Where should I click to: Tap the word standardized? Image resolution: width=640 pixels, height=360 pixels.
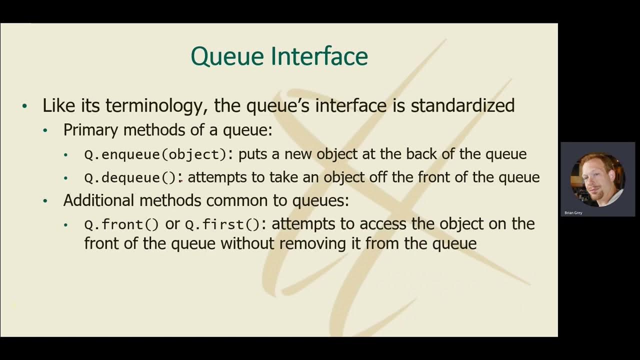coord(462,105)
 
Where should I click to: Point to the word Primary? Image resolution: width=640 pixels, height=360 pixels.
coord(91,130)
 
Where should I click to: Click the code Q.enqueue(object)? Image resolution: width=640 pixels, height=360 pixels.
coord(155,154)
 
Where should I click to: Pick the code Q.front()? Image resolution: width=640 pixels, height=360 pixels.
coord(121,224)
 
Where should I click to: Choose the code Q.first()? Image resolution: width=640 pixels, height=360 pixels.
coord(222,224)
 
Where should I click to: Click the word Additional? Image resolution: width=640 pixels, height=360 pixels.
coord(99,200)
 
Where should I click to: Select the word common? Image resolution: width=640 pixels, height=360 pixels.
coord(237,200)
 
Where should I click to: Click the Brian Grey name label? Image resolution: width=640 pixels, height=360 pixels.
coord(573,213)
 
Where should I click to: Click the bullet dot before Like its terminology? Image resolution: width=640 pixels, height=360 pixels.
coord(25,106)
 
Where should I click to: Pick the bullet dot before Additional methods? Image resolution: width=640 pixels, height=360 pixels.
coord(45,201)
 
